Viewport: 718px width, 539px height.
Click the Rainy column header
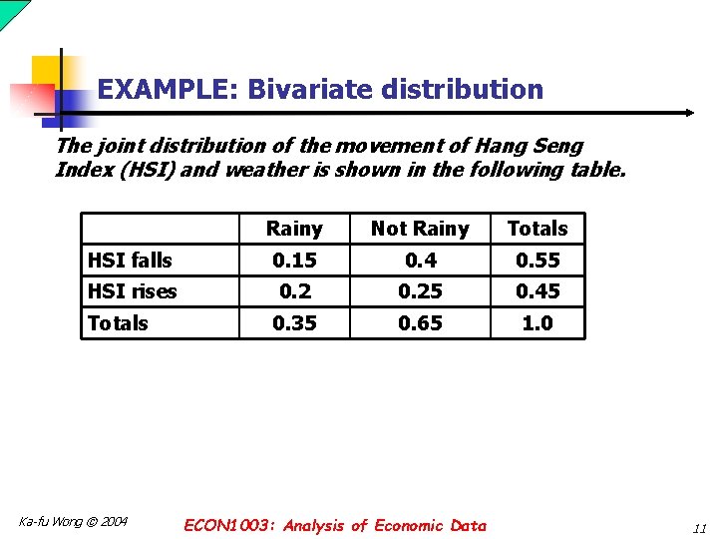pos(294,229)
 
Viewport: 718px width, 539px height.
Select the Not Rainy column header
pos(419,229)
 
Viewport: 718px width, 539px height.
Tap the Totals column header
pos(537,229)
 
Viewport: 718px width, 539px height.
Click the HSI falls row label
pos(130,261)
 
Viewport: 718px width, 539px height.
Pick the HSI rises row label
pos(132,291)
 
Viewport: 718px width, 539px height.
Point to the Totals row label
pos(118,323)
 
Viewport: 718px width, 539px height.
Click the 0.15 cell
pos(294,261)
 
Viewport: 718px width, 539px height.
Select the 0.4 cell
pos(419,261)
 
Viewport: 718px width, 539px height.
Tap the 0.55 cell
pos(538,261)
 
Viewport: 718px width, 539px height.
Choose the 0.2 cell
pos(294,291)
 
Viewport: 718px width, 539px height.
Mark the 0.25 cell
pos(419,291)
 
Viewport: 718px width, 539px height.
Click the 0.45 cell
pos(538,291)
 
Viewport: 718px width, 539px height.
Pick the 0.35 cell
pos(294,323)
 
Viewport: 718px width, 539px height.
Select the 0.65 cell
pos(419,323)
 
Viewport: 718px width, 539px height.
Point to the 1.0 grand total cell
pos(538,323)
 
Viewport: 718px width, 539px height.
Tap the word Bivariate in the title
pos(315,90)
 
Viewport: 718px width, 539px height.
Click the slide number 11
pos(699,527)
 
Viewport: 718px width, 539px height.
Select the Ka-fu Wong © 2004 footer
pos(74,521)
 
